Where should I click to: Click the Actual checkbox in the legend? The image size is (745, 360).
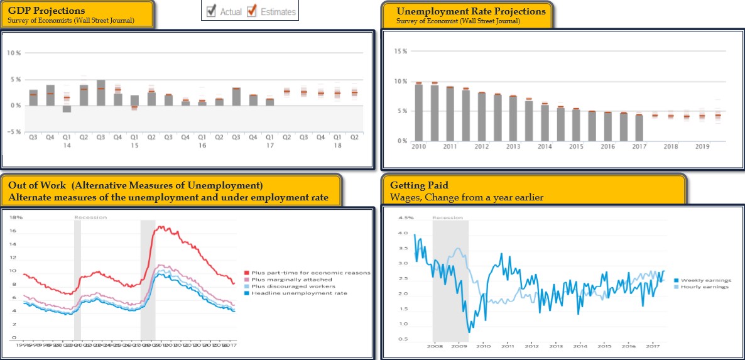[x=212, y=11]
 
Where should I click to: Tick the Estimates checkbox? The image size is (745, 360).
[x=253, y=11]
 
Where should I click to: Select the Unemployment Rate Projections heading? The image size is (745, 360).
[x=471, y=11]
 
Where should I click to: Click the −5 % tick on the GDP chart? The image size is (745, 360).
[x=14, y=131]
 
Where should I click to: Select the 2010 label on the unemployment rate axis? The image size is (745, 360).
[x=418, y=146]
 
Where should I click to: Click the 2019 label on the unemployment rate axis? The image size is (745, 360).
[x=702, y=146]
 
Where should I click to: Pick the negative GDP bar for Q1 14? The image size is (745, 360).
[x=67, y=109]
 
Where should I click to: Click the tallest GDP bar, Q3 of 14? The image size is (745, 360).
[x=101, y=92]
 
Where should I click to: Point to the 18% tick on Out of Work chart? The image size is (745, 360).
[x=16, y=217]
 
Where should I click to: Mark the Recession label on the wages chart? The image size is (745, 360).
[x=448, y=218]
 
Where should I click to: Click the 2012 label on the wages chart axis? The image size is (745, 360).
[x=531, y=346]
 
